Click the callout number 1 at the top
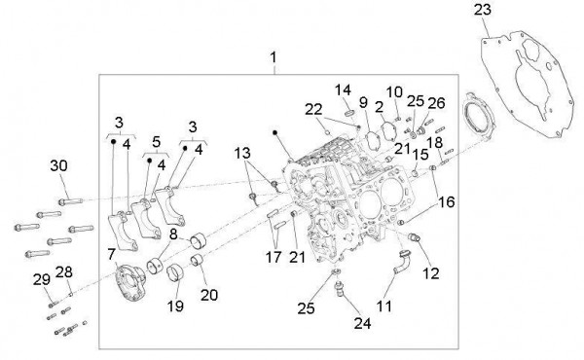pyautogui.click(x=274, y=58)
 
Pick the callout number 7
pyautogui.click(x=113, y=254)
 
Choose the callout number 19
pyautogui.click(x=176, y=305)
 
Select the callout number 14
pyautogui.click(x=344, y=90)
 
